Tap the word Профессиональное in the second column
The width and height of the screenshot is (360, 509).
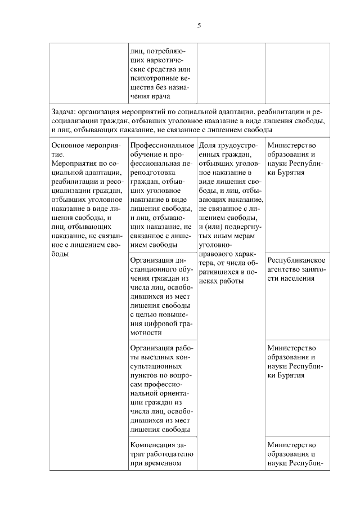[x=161, y=145]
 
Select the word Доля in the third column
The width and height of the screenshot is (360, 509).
[x=208, y=145]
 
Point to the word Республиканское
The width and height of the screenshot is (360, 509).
[x=296, y=260]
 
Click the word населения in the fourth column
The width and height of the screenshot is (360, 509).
[x=296, y=278]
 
